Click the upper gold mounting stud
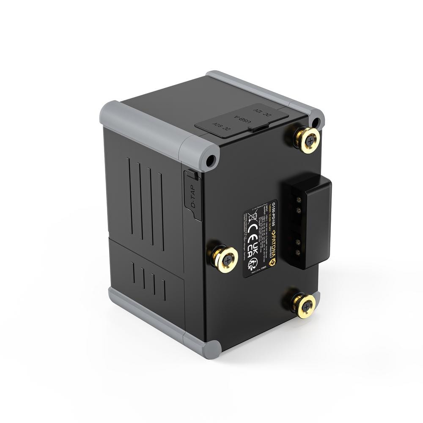tap(308, 140)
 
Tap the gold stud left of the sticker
tap(224, 259)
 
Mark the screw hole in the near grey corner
tap(210, 160)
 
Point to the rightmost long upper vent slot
tap(161, 211)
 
